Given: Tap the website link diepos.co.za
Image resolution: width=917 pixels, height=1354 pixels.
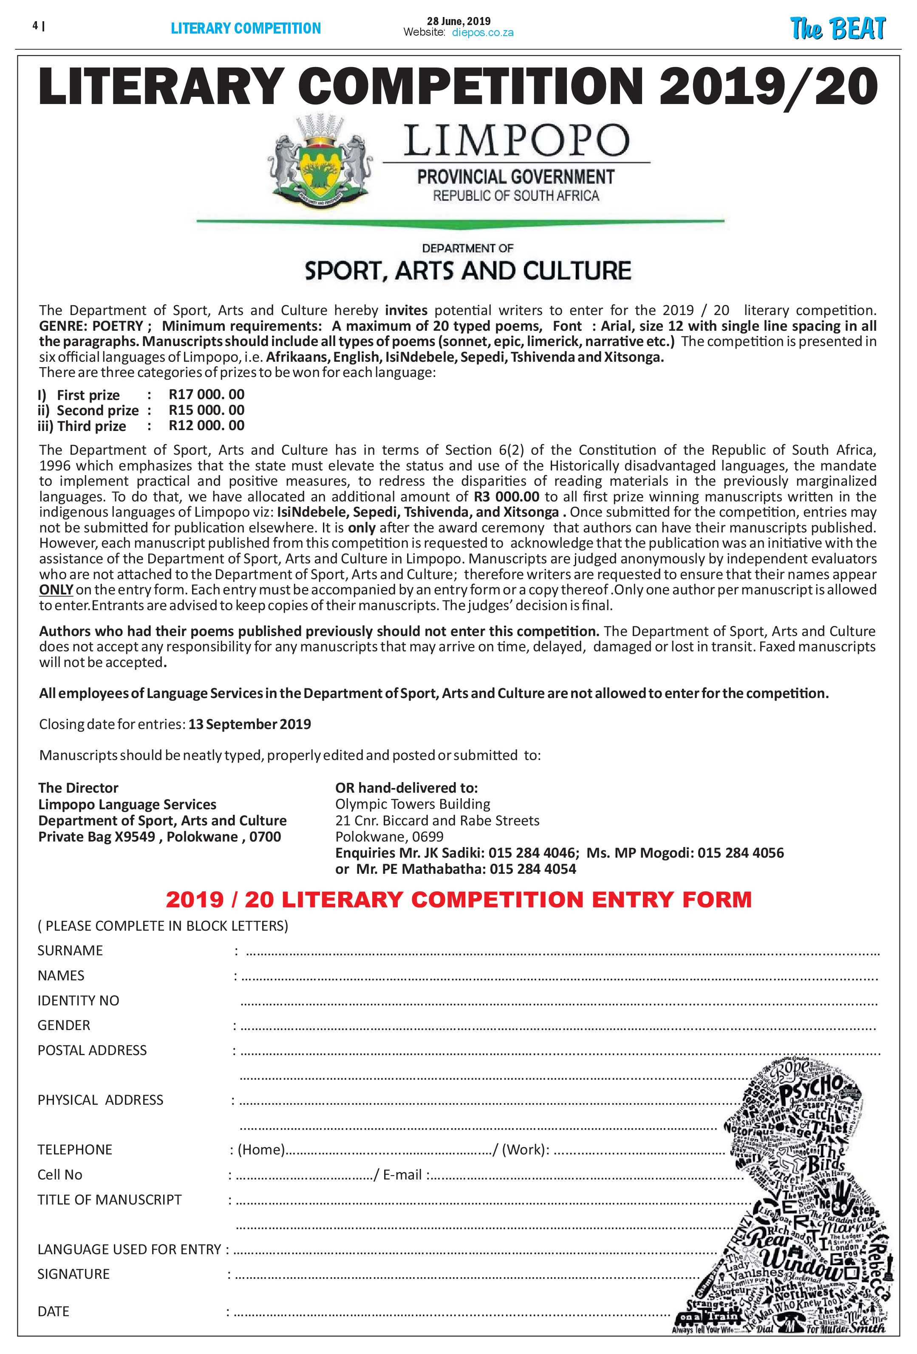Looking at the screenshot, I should pyautogui.click(x=483, y=33).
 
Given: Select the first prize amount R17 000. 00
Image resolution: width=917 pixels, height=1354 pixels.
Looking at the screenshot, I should pyautogui.click(x=207, y=394).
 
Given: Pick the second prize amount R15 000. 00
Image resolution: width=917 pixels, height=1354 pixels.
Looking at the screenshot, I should pyautogui.click(x=207, y=410).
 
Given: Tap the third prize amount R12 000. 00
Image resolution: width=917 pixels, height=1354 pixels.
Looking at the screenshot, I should pyautogui.click(x=207, y=425).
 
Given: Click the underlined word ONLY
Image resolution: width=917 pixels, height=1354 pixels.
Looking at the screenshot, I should pyautogui.click(x=56, y=590).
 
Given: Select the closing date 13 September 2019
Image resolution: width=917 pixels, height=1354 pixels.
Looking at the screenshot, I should pyautogui.click(x=249, y=724).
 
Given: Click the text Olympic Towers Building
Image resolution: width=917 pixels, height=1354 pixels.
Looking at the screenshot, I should pyautogui.click(x=412, y=804).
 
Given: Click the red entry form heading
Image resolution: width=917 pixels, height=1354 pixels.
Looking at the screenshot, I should pyautogui.click(x=458, y=900).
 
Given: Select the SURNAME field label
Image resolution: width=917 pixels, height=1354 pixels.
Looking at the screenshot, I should pyautogui.click(x=70, y=950).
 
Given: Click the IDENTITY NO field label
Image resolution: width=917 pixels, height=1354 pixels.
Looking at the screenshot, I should pyautogui.click(x=78, y=1000).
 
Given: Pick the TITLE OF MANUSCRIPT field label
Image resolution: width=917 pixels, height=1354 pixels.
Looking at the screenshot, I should pyautogui.click(x=110, y=1199).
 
